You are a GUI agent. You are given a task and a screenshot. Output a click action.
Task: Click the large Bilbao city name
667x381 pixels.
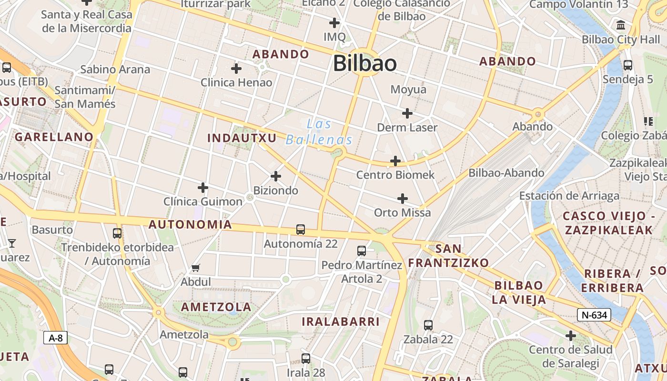364,63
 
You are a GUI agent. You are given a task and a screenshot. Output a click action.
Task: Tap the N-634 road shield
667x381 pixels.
594,315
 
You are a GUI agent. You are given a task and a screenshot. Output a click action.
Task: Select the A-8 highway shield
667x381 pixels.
56,338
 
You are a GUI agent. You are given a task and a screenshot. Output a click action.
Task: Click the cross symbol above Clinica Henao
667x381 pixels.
236,69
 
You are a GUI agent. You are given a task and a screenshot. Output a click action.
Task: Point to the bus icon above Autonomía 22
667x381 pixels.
301,230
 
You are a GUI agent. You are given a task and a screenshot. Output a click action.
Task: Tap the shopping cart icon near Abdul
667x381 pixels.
196,268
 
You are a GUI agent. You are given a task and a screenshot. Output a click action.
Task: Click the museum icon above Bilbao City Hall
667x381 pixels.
621,25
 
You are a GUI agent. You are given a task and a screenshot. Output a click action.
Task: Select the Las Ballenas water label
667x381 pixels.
319,132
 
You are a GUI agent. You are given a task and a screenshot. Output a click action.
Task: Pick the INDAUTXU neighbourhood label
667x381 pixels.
242,138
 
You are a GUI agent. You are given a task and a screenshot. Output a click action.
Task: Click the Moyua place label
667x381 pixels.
408,90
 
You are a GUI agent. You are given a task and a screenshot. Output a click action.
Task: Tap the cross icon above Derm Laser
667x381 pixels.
407,113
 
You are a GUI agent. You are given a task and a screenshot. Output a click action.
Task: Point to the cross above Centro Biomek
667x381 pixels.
395,161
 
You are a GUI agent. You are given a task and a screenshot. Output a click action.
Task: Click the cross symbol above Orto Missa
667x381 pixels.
403,198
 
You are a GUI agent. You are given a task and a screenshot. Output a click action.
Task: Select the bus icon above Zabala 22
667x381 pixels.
428,325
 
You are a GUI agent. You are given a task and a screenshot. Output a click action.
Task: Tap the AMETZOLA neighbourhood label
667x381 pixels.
216,307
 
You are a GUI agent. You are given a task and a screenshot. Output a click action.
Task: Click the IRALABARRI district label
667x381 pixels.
341,322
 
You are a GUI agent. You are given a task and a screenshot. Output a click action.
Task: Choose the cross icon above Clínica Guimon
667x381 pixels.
203,188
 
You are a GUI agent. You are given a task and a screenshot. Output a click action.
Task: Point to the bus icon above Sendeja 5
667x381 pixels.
628,65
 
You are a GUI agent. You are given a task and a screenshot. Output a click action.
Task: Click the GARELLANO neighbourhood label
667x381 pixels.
54,137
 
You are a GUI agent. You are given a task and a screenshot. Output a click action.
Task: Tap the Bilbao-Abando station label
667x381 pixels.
506,173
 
